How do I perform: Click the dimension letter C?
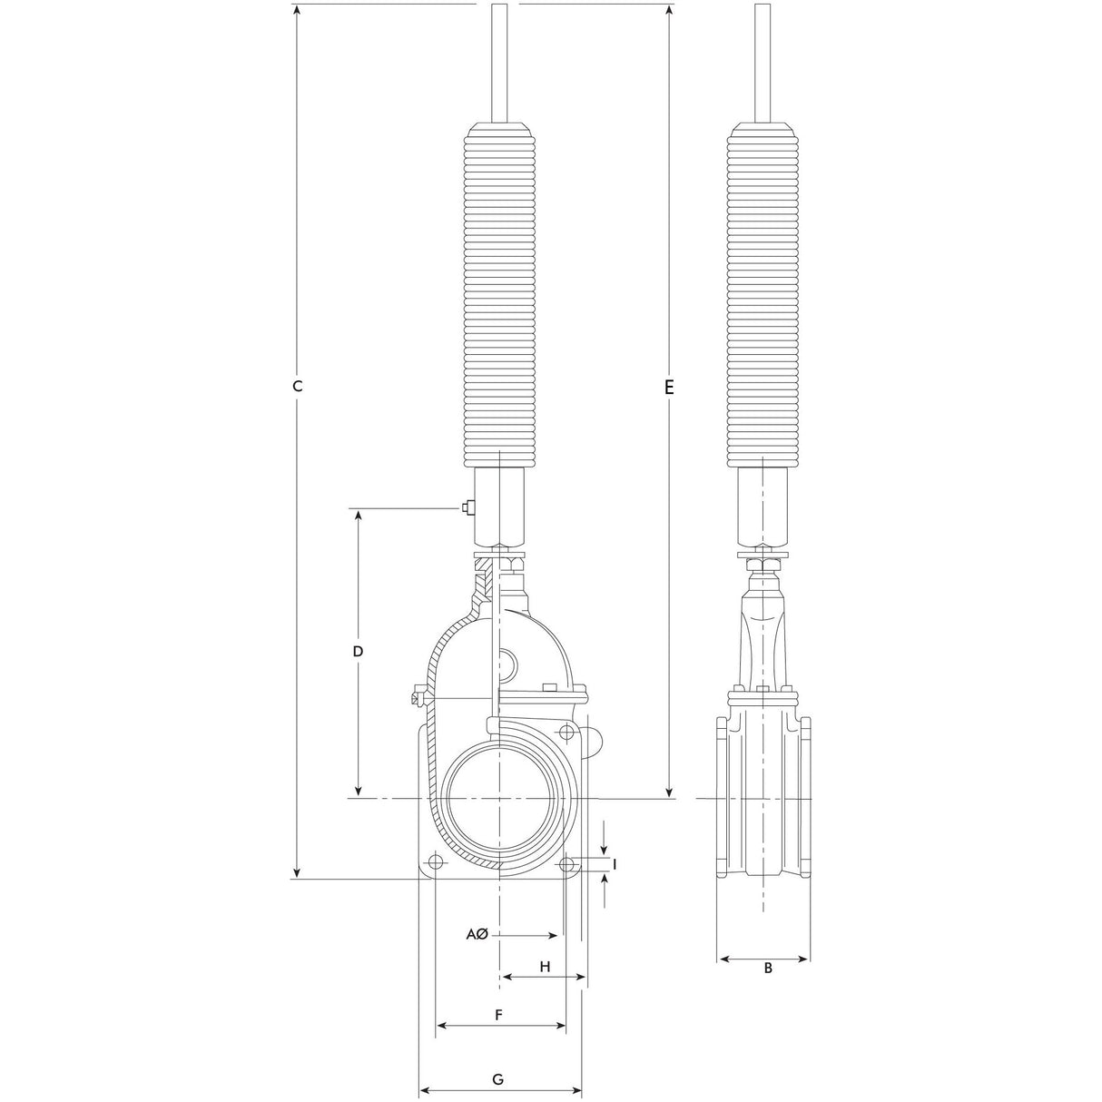[x=297, y=386]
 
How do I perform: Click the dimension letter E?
[x=669, y=388]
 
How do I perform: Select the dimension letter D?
[x=358, y=652]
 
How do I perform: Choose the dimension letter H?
[x=545, y=967]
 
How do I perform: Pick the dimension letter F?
[x=498, y=1015]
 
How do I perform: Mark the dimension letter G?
[x=498, y=1063]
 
